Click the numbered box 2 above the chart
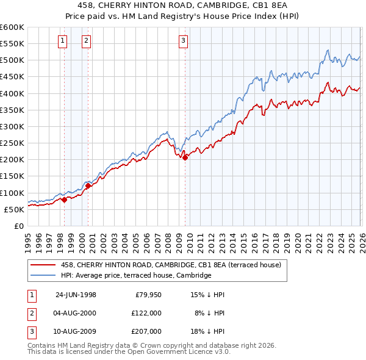(x=87, y=41)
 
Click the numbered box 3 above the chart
(x=184, y=41)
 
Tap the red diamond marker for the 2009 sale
(x=185, y=157)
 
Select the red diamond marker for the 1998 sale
(x=64, y=200)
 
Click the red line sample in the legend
(x=44, y=265)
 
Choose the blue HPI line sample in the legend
(x=44, y=275)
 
